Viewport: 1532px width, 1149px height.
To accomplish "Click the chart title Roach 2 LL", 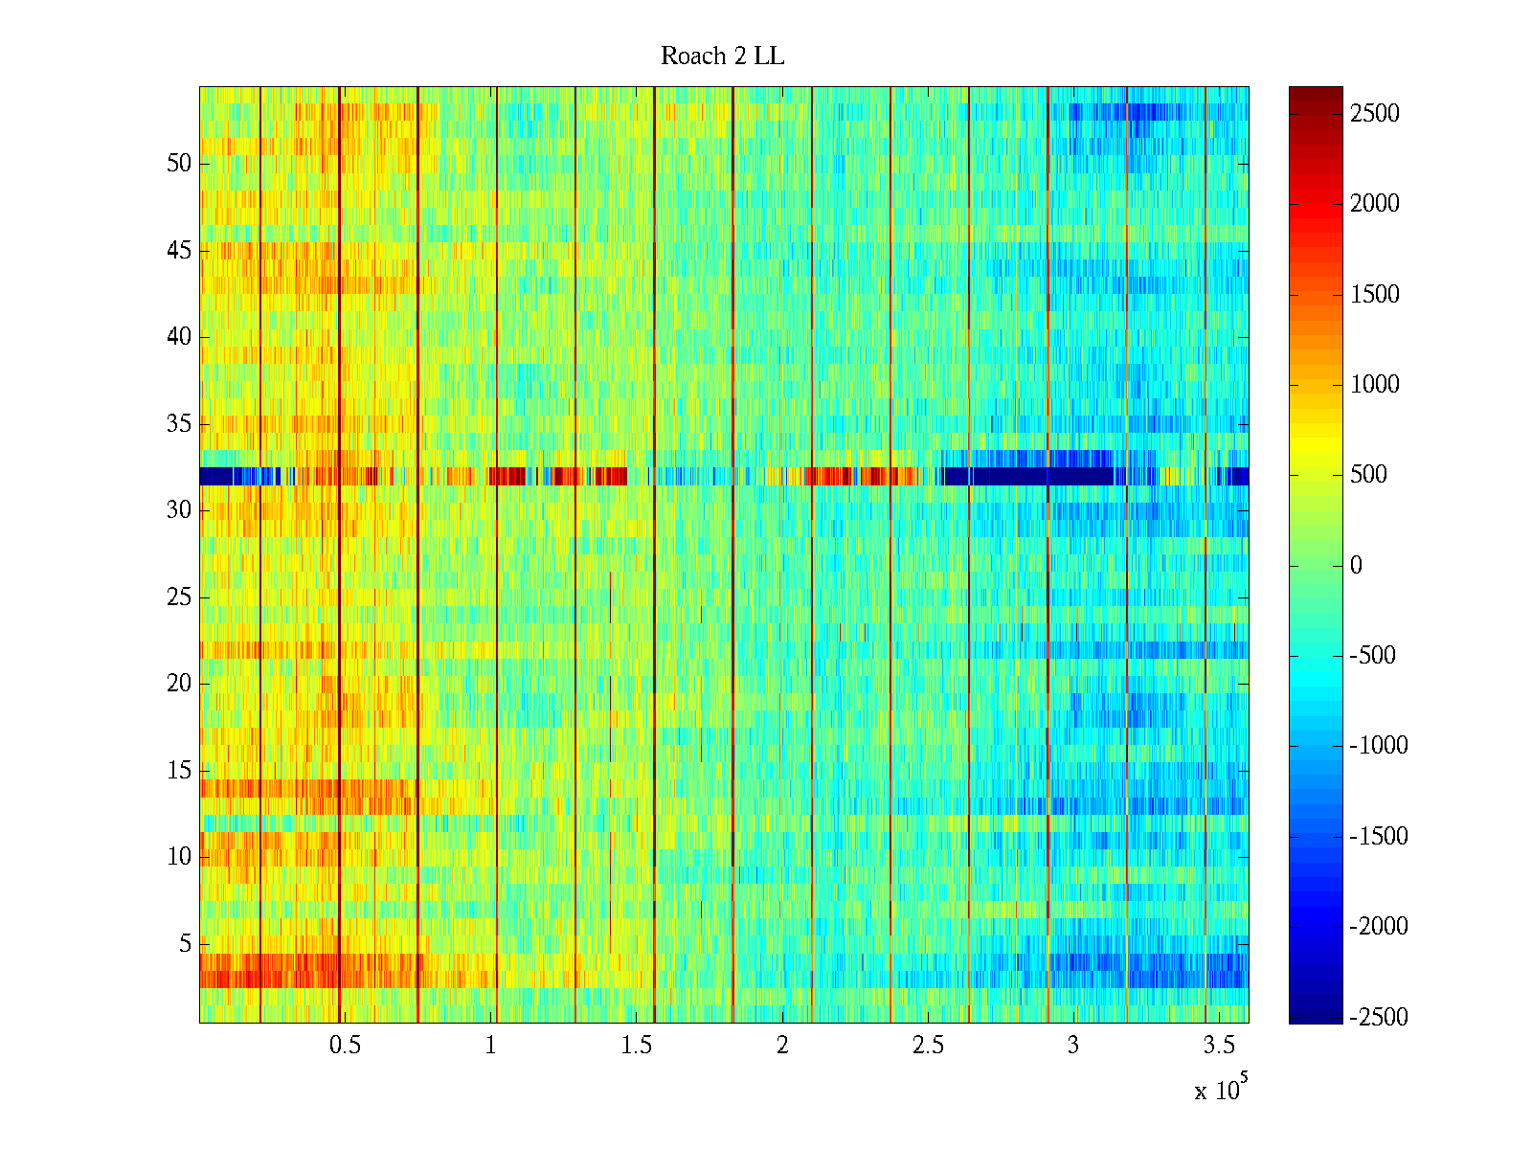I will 722,56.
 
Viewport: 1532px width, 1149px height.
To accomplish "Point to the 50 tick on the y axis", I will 179,164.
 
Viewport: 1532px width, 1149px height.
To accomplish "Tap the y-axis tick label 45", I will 179,251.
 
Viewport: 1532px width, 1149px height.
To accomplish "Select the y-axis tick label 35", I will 179,424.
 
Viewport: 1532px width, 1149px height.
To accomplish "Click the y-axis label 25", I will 179,597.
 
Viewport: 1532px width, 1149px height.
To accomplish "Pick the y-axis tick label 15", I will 179,771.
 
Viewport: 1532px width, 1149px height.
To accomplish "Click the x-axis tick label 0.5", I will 345,1046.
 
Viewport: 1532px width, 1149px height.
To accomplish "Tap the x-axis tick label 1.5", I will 636,1046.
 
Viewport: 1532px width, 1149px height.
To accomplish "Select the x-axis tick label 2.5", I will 927,1046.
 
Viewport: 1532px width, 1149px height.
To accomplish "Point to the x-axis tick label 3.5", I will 1218,1046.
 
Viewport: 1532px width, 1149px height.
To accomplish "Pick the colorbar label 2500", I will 1374,114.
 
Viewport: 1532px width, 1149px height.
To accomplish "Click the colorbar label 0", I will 1356,566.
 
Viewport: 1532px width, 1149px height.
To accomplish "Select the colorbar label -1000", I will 1379,746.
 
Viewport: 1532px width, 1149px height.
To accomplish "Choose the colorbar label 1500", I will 1374,295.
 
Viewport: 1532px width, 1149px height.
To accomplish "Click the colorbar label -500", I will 1373,656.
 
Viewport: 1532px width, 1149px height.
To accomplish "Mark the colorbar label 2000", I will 1374,204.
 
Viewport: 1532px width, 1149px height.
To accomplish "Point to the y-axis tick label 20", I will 179,684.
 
